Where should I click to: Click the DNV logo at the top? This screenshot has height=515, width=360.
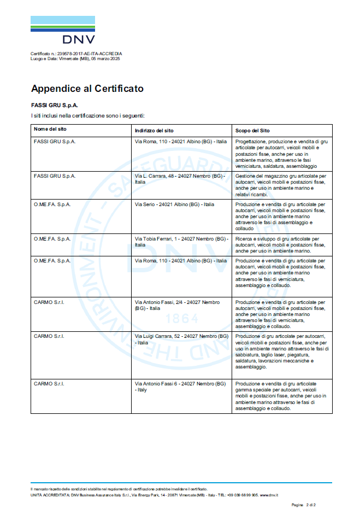click(x=62, y=30)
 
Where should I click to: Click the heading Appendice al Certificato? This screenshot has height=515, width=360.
click(x=87, y=88)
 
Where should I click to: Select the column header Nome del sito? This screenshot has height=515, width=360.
click(x=50, y=130)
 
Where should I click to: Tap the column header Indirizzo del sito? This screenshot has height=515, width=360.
click(x=154, y=130)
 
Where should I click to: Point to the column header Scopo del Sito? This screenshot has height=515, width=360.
click(x=252, y=130)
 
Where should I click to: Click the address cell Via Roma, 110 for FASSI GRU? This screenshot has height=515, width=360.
click(x=180, y=142)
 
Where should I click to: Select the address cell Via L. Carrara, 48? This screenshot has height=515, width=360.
click(x=180, y=179)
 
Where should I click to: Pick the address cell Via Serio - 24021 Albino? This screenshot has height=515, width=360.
click(x=174, y=204)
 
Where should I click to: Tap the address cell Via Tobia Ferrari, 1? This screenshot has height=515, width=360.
click(x=181, y=242)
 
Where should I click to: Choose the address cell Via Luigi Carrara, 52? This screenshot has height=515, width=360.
click(x=181, y=339)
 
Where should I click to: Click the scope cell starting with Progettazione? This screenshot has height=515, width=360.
click(x=281, y=154)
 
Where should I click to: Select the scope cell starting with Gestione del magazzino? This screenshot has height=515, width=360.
click(x=281, y=185)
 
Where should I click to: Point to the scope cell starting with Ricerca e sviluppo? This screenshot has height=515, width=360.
click(x=281, y=245)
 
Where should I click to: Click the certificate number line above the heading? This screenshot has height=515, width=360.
click(x=76, y=54)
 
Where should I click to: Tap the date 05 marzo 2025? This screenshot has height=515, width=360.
click(x=105, y=58)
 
